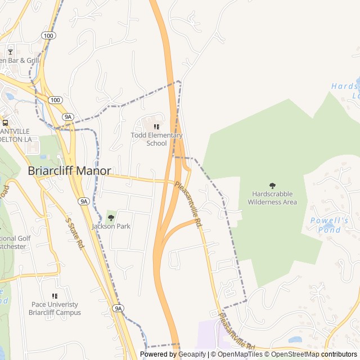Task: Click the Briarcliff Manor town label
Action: tap(70, 170)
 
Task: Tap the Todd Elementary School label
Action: tap(156, 139)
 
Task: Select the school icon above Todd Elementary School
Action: tap(156, 127)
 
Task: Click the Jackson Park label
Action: tap(111, 226)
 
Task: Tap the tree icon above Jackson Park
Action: tap(111, 217)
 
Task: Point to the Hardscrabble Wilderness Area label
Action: tap(272, 197)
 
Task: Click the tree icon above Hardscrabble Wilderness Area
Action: tap(273, 186)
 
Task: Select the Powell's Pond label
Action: tap(329, 224)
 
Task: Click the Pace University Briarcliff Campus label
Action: tap(56, 308)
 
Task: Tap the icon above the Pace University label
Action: tap(55, 296)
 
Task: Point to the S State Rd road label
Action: tap(75, 233)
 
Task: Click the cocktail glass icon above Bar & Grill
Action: tap(10, 52)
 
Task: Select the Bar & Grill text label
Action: tap(20, 60)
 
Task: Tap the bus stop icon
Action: tap(5, 123)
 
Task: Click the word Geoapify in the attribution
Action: tap(192, 354)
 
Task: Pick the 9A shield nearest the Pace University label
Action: tap(118, 308)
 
